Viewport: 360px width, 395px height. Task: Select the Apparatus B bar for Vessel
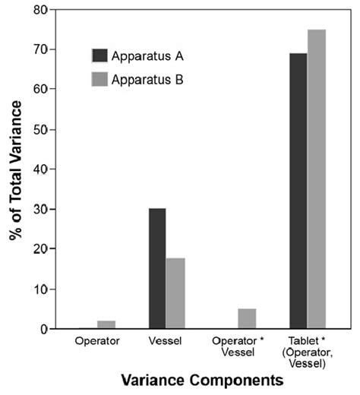(x=175, y=293)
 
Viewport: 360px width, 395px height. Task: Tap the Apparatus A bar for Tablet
(x=298, y=191)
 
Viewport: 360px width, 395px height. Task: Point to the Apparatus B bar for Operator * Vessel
(x=246, y=319)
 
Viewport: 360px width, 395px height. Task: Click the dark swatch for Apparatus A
(x=99, y=55)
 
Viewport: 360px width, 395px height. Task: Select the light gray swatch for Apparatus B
(x=99, y=77)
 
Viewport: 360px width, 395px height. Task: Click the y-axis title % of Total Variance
(x=16, y=169)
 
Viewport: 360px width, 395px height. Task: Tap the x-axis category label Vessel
(x=166, y=342)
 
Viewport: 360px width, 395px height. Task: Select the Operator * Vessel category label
(x=236, y=347)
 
